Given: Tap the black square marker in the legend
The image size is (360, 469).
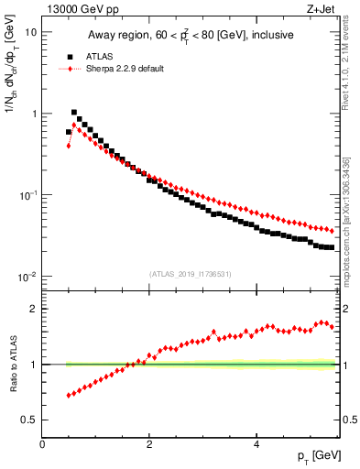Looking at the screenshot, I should pos(69,56).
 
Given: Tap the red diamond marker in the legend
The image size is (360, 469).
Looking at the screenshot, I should pos(69,69).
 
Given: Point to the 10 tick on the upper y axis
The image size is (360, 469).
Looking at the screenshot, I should pos(30,32).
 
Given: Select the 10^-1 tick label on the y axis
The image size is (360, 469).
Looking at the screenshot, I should pos(27,195).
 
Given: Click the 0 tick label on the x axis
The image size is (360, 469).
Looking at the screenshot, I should pos(43,444).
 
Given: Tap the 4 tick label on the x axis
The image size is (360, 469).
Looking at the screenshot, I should pos(256,444).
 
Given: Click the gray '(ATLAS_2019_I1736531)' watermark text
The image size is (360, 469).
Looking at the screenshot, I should pos(190,274).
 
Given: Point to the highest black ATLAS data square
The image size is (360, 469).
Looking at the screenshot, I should pos(74,112).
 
